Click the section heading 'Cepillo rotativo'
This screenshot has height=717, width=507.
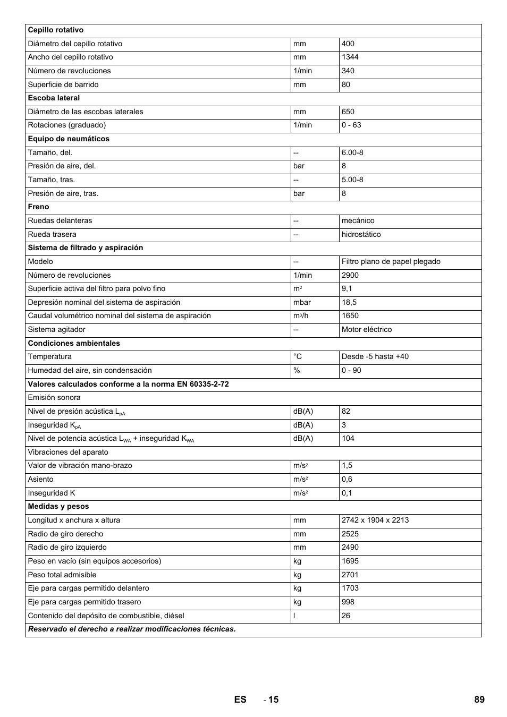tap(56, 30)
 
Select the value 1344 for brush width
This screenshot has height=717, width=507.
tap(350, 57)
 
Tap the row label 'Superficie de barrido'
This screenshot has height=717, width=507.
tap(63, 84)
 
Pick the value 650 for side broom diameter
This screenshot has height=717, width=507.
tap(348, 112)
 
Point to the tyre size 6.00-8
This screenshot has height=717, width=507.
tap(352, 152)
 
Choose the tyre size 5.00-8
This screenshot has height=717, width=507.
tap(352, 180)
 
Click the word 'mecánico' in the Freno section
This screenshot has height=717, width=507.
tap(358, 220)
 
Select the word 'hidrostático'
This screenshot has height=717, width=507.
tap(361, 234)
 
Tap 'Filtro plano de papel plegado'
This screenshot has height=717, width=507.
tap(391, 261)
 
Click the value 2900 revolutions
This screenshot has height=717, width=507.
tap(350, 275)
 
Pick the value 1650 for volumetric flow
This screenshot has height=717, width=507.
tap(350, 315)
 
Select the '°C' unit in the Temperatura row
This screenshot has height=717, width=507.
tap(298, 356)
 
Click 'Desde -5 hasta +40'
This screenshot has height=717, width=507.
tap(375, 356)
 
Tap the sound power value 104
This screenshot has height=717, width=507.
tap(348, 438)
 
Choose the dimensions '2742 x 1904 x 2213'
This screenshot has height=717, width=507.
tap(375, 520)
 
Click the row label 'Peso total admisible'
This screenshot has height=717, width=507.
tap(62, 575)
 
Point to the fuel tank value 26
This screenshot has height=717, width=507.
tap(346, 616)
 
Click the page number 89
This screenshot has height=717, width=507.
tap(479, 699)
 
